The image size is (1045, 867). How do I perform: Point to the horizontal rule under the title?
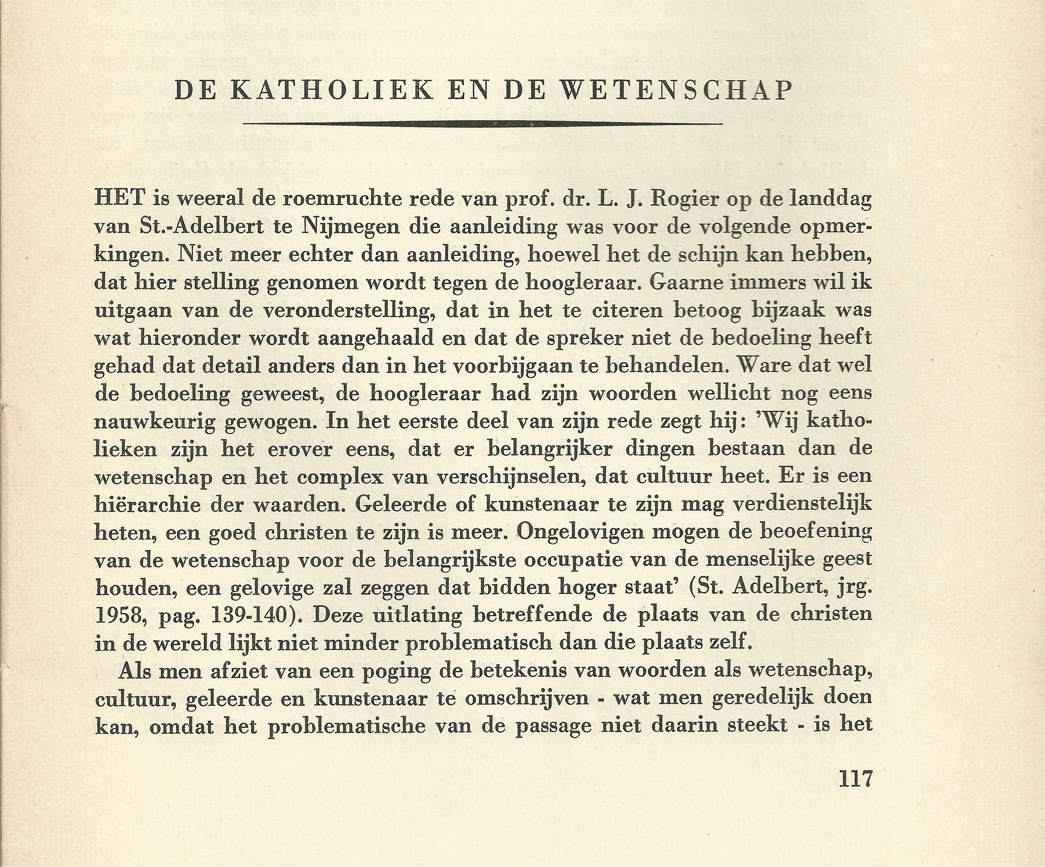coord(483,123)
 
